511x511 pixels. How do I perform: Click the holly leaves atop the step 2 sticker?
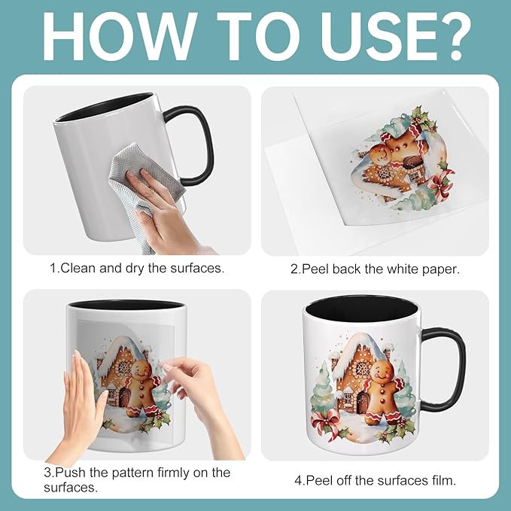pos(422,120)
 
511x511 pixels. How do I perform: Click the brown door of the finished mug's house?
pos(363,403)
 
